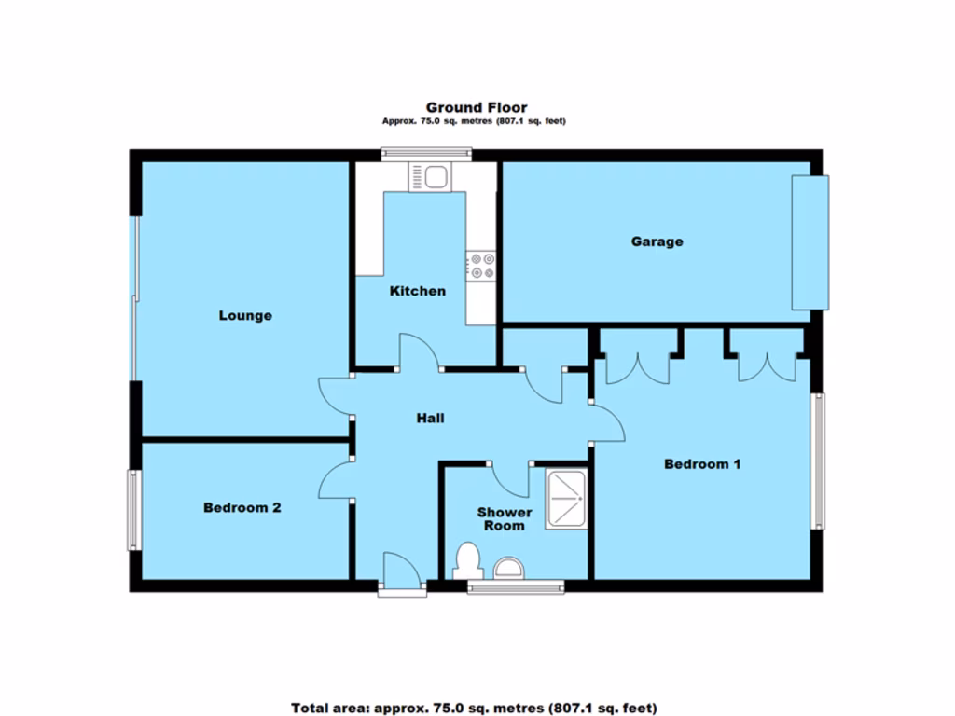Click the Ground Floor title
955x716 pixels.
point(477,108)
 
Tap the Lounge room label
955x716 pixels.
point(245,315)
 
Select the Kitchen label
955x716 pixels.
point(417,291)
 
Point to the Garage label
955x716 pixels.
point(657,241)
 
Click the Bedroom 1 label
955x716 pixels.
point(702,463)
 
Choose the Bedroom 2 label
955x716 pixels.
point(242,508)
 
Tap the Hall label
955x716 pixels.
point(430,419)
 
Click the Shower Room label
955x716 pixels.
point(505,519)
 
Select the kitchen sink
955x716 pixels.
point(428,176)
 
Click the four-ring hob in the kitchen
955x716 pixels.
point(482,266)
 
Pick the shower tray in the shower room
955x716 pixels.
point(566,499)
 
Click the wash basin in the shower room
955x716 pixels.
point(509,567)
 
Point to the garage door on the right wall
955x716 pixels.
point(809,241)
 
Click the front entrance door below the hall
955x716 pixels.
point(402,571)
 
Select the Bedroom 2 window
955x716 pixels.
point(134,509)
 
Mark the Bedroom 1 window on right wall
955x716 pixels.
point(818,461)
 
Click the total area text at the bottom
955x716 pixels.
point(474,708)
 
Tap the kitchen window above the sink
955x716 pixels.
point(426,154)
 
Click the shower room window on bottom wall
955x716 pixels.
point(515,585)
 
